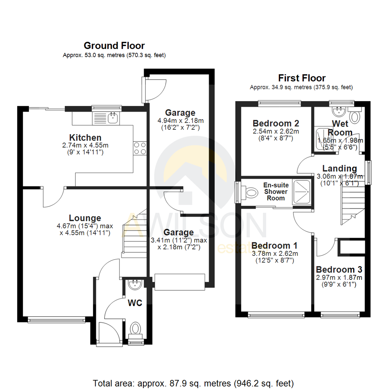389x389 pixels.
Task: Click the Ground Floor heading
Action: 114,46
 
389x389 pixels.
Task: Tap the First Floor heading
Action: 302,78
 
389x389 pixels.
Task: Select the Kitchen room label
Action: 85,138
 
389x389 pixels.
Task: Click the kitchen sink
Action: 113,117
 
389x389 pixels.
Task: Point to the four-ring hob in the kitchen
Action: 140,148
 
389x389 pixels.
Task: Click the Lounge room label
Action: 85,218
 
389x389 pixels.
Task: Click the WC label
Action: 135,303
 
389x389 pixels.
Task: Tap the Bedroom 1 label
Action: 274,246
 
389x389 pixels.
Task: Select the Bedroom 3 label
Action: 339,269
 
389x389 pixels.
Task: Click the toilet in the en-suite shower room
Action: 251,192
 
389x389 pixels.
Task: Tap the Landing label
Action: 339,168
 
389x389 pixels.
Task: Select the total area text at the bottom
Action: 193,383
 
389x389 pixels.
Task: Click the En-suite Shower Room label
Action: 276,192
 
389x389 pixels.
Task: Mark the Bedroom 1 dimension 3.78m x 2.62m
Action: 274,254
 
